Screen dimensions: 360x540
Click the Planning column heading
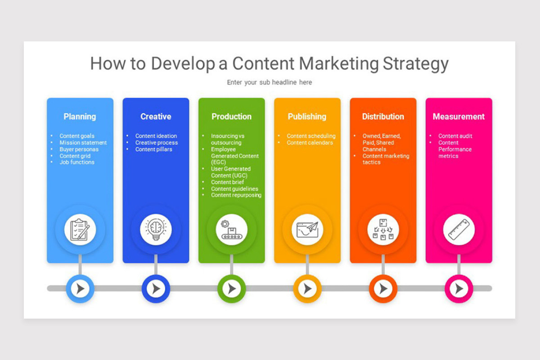click(x=80, y=117)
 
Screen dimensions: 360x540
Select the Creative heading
click(x=156, y=117)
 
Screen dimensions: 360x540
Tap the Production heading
click(x=231, y=117)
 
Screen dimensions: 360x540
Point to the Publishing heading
click(x=307, y=117)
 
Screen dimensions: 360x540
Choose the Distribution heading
click(x=383, y=117)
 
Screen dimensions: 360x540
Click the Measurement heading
click(x=459, y=117)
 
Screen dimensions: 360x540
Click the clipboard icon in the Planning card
click(x=80, y=229)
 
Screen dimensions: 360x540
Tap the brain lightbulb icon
click(x=156, y=229)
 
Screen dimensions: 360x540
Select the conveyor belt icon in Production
click(x=231, y=229)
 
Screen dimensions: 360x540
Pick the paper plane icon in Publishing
click(x=307, y=229)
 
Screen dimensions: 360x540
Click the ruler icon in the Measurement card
click(x=459, y=229)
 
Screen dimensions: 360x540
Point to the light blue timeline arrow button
click(x=80, y=288)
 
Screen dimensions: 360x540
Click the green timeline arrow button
click(x=232, y=288)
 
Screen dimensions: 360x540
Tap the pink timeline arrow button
click(x=459, y=288)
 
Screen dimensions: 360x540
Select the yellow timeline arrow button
click(x=307, y=288)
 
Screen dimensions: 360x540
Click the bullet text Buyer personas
click(x=79, y=149)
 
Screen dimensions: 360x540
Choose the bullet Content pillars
click(x=153, y=149)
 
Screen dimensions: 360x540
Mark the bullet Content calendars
click(x=310, y=143)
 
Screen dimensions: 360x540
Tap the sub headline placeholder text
click(x=269, y=82)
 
